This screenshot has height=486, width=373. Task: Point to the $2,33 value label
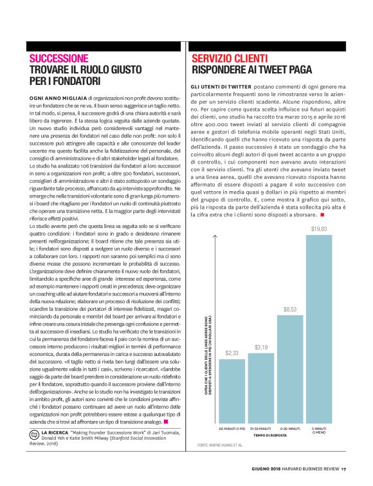[x=232, y=353]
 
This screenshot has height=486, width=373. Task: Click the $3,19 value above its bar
[x=260, y=348]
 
